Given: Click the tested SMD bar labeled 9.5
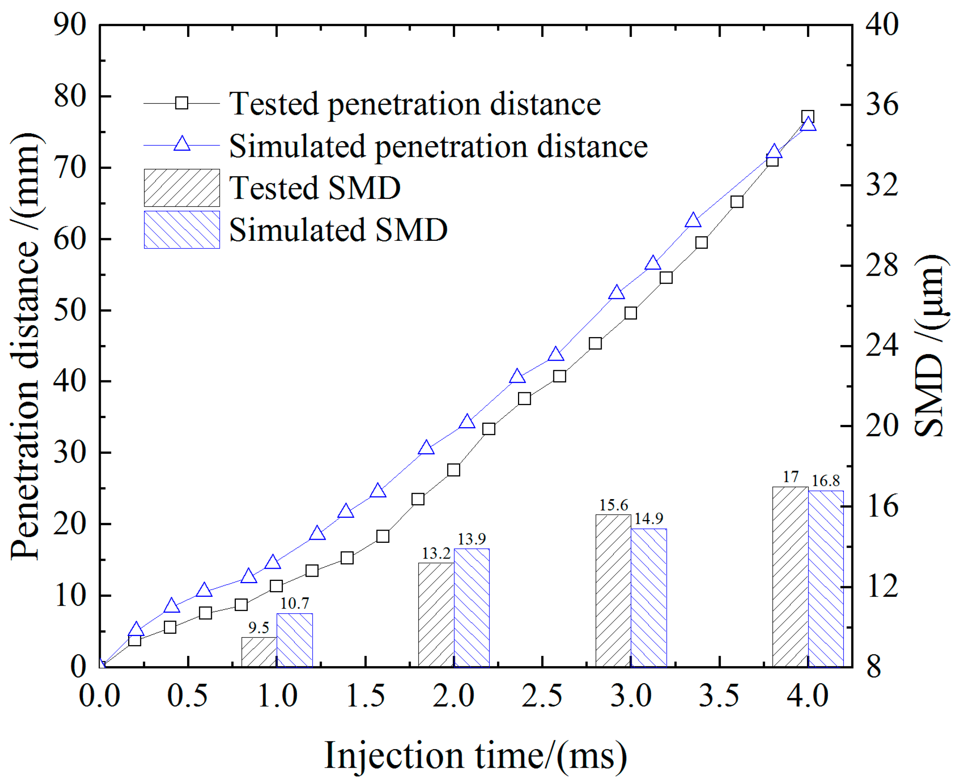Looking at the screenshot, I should tap(259, 652).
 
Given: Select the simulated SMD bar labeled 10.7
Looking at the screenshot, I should tap(295, 640).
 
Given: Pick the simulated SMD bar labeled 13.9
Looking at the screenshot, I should tap(471, 608).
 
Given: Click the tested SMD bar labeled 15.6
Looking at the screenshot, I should tap(613, 590).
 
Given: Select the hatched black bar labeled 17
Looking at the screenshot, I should tap(790, 576).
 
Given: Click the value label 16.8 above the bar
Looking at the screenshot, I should tap(825, 481).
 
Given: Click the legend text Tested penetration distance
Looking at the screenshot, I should tap(415, 104).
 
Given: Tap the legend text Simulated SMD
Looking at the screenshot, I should tap(338, 230).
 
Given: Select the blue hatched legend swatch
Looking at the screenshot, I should tap(182, 230).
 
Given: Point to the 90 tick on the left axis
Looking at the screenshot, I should tap(69, 24).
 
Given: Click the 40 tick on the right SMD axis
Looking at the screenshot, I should tap(882, 24).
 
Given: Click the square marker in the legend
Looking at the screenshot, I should tap(182, 103).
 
